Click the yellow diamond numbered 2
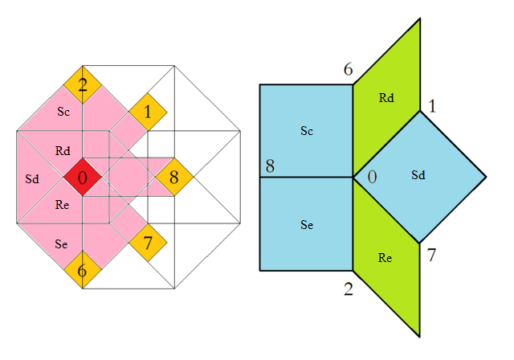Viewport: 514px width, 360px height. (x=83, y=84)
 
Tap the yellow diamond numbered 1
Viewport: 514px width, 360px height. (x=148, y=112)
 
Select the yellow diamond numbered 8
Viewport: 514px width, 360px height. (x=173, y=177)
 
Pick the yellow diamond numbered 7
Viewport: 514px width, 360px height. (x=148, y=241)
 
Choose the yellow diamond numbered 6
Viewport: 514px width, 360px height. (x=83, y=270)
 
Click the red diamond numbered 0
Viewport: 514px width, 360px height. (x=83, y=177)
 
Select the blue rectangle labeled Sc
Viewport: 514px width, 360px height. (x=306, y=131)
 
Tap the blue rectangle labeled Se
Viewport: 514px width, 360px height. (x=306, y=224)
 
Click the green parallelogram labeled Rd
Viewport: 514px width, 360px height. (x=387, y=98)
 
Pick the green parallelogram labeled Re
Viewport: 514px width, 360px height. (x=387, y=257)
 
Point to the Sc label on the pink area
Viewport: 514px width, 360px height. (x=63, y=112)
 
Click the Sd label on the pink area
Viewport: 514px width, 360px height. (x=31, y=177)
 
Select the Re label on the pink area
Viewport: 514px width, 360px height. (x=63, y=205)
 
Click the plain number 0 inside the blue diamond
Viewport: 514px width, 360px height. (x=372, y=176)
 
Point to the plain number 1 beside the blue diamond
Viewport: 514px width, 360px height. (x=432, y=106)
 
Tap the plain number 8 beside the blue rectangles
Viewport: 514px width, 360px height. (x=270, y=167)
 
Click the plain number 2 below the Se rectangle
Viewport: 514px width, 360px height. (x=349, y=288)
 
